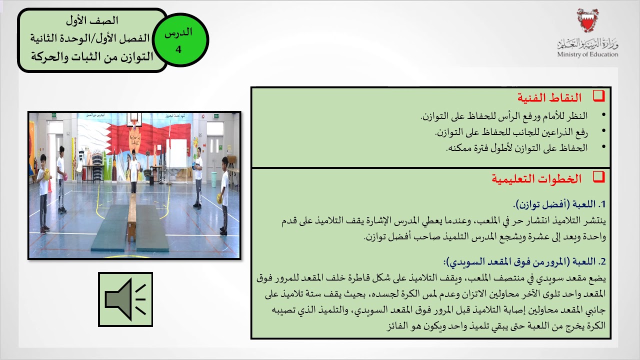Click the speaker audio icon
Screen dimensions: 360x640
pos(125,299)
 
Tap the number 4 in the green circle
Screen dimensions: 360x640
pos(178,49)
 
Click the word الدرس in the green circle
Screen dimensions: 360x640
pos(178,33)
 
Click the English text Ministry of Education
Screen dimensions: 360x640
pos(587,54)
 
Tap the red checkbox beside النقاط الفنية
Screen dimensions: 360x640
pos(598,96)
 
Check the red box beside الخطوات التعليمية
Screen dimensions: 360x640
pos(598,177)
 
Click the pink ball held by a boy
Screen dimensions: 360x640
pos(62,176)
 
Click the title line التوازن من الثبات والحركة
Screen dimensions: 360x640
pos(92,56)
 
